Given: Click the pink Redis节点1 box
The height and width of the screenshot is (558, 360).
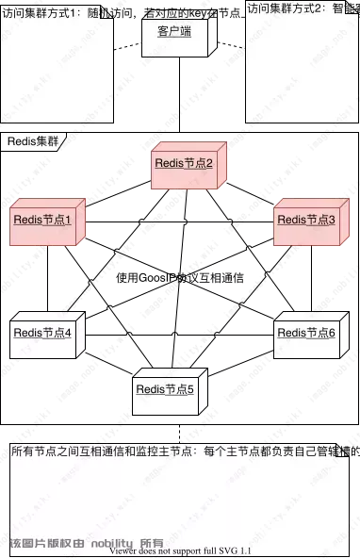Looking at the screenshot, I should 47,220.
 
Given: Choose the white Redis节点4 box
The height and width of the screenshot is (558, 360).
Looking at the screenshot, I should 47,333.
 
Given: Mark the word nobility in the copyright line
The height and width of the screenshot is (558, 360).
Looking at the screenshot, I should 112,543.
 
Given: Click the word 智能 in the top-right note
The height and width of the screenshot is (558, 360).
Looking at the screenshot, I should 343,8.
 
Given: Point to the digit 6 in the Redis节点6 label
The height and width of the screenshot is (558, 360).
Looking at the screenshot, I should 332,333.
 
